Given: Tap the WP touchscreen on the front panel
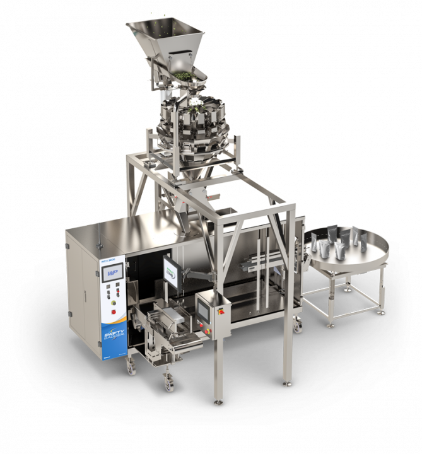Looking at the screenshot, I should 112,273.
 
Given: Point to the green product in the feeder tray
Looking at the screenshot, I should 185,76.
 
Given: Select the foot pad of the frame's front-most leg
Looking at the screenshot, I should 218,400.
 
